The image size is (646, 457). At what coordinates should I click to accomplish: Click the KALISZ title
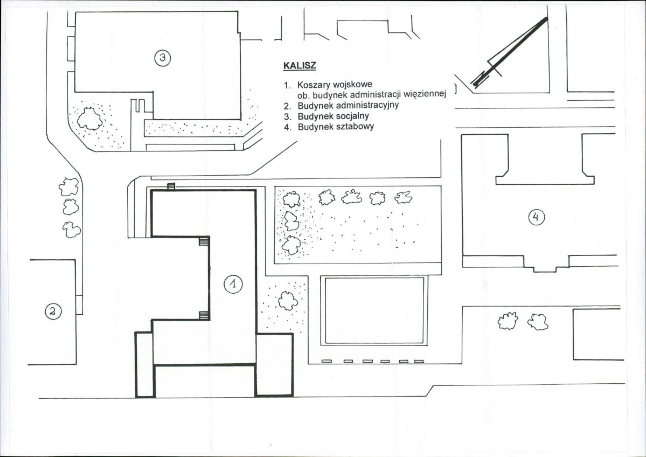click(300, 66)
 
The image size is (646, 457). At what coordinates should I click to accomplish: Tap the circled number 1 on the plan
click(233, 283)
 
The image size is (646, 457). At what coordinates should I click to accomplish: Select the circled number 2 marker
click(53, 311)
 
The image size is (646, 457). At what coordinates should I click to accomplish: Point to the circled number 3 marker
click(163, 58)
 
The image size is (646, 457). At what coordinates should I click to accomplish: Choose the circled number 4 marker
click(537, 217)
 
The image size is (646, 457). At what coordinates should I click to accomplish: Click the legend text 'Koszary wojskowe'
click(335, 85)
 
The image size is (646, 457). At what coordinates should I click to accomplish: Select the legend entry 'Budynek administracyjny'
click(348, 105)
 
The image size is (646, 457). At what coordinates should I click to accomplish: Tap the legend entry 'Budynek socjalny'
click(333, 116)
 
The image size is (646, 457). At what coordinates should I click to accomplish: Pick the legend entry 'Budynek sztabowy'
click(336, 127)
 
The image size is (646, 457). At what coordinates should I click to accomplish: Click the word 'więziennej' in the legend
click(425, 94)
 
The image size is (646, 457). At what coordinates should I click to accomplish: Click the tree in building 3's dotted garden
click(90, 118)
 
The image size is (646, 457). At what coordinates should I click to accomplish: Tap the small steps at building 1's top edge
click(171, 186)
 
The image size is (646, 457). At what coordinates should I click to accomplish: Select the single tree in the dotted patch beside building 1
click(288, 300)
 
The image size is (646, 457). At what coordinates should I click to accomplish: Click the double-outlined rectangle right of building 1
click(374, 310)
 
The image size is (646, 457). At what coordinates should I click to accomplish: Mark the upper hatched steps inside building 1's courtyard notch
click(204, 241)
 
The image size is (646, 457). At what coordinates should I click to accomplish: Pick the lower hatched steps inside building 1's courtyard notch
click(204, 315)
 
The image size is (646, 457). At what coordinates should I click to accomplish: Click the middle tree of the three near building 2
click(71, 207)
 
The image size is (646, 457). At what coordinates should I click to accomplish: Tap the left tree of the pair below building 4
click(508, 321)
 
